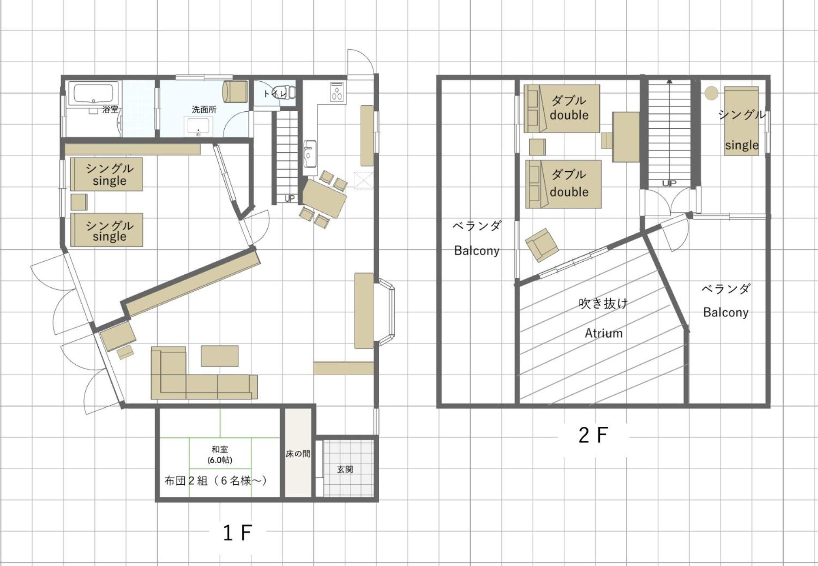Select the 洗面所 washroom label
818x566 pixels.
click(x=204, y=110)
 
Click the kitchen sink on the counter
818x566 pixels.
click(x=310, y=153)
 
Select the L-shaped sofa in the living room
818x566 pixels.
click(x=202, y=375)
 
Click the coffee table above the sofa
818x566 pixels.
click(x=219, y=356)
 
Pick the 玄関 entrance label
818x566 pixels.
click(x=345, y=469)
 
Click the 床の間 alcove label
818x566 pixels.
click(x=298, y=454)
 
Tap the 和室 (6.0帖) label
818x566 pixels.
click(x=219, y=455)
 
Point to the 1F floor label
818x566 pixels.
click(x=237, y=533)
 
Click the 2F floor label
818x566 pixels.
click(x=593, y=435)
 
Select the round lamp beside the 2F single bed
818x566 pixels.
click(x=712, y=93)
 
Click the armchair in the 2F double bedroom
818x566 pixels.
click(x=542, y=245)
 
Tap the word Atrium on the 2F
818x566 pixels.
click(x=603, y=333)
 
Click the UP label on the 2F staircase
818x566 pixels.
click(x=669, y=183)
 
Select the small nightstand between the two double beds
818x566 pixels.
click(x=537, y=147)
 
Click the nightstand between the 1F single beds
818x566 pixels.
click(x=79, y=202)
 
